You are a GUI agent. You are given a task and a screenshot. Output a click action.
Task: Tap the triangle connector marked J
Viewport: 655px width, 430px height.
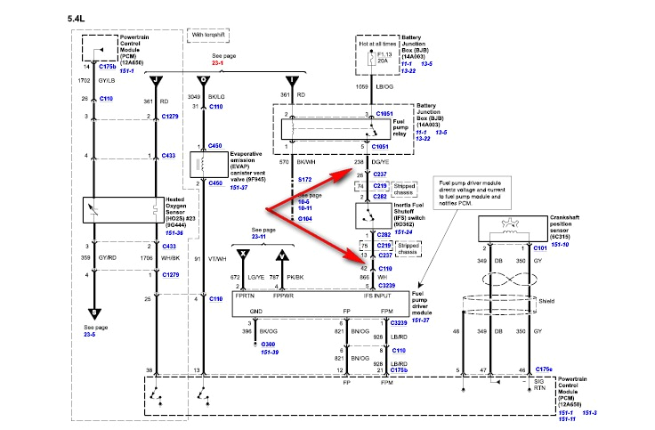click(158, 80)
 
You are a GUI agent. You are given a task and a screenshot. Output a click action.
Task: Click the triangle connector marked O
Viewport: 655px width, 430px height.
click(204, 80)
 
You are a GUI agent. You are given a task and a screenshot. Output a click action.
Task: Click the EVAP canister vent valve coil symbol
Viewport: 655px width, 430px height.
click(202, 164)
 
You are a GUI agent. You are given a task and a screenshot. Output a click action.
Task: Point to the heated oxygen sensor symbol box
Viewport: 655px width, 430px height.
click(93, 210)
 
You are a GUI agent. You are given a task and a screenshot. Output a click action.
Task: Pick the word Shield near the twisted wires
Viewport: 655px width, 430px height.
click(546, 301)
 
